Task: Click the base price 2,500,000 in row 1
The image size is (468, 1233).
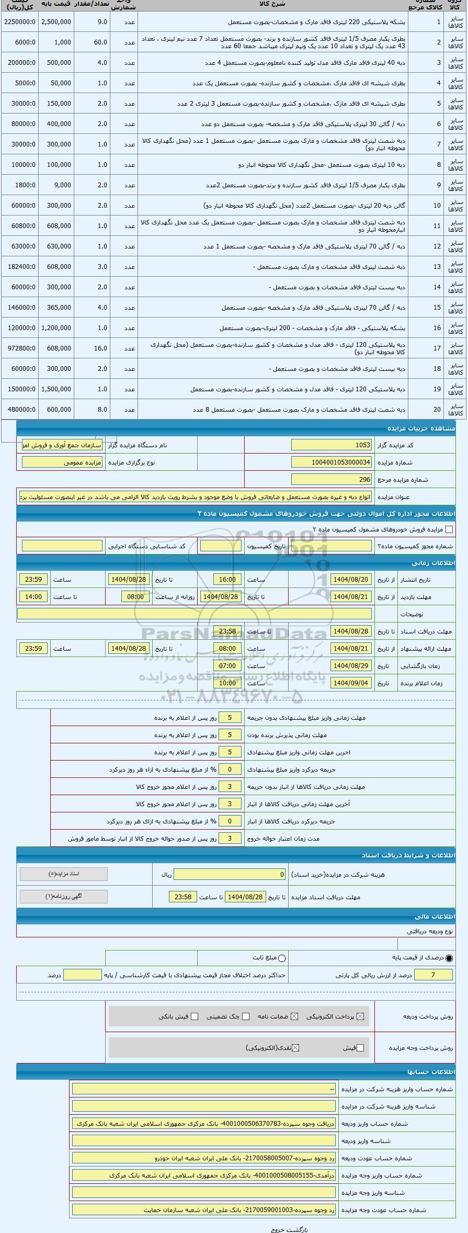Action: pyautogui.click(x=56, y=22)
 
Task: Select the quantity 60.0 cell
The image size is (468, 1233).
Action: pyautogui.click(x=92, y=42)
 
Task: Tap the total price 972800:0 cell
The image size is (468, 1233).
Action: pyautogui.click(x=19, y=348)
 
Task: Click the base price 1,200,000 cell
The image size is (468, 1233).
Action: pyautogui.click(x=56, y=328)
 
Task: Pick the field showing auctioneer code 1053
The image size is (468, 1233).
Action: pyautogui.click(x=331, y=445)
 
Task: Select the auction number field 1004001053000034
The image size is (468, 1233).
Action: pyautogui.click(x=331, y=462)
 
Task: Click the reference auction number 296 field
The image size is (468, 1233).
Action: pyautogui.click(x=331, y=480)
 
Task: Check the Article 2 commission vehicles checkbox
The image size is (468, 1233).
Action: pyautogui.click(x=449, y=529)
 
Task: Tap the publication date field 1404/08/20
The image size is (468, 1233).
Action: pyautogui.click(x=351, y=580)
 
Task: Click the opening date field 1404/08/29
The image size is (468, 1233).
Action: pyautogui.click(x=351, y=666)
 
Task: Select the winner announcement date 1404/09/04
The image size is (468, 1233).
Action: pyautogui.click(x=351, y=683)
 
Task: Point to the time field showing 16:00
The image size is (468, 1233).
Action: pyautogui.click(x=227, y=580)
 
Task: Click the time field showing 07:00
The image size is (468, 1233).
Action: pyautogui.click(x=227, y=666)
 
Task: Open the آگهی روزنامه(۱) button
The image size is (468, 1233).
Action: pyautogui.click(x=64, y=897)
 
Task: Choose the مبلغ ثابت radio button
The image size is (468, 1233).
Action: pyautogui.click(x=282, y=958)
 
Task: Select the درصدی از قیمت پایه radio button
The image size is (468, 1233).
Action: pyautogui.click(x=449, y=958)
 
